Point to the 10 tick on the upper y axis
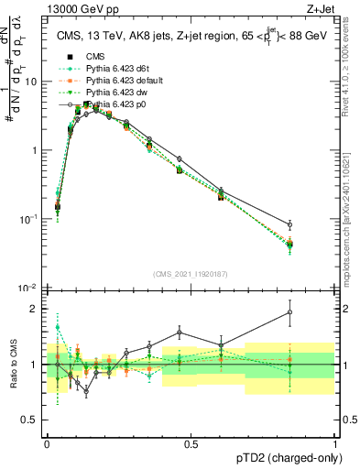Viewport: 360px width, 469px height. [x=34, y=81]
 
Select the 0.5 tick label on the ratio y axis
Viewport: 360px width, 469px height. [x=33, y=421]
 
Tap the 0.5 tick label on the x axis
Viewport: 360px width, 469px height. [x=191, y=442]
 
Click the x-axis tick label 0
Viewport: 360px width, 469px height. [x=47, y=442]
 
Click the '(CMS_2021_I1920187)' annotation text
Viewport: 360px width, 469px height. [x=191, y=274]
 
